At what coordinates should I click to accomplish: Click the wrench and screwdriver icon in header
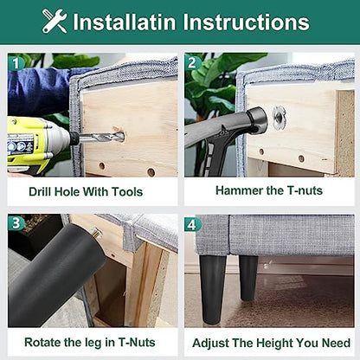pos(55,21)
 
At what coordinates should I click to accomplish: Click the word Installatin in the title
pos(125,22)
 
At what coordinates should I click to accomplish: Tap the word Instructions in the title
pos(246,22)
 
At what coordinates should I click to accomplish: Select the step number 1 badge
pos(15,63)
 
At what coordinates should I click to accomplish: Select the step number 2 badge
pos(192,63)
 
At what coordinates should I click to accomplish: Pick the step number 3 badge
pos(16,223)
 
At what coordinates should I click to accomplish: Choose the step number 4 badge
pos(192,224)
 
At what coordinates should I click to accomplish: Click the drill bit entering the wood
pos(101,138)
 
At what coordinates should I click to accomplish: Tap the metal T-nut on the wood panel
pos(280,117)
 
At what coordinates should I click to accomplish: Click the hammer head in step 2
pos(257,120)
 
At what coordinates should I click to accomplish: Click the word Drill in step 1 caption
pos(40,192)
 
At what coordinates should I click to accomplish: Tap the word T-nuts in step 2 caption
pos(305,190)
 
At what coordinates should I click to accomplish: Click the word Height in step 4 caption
pos(274,343)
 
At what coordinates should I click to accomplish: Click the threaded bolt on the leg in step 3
pos(97,233)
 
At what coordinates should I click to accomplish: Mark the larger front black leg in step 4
pos(213,289)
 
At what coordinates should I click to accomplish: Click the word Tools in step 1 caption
pos(127,192)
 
